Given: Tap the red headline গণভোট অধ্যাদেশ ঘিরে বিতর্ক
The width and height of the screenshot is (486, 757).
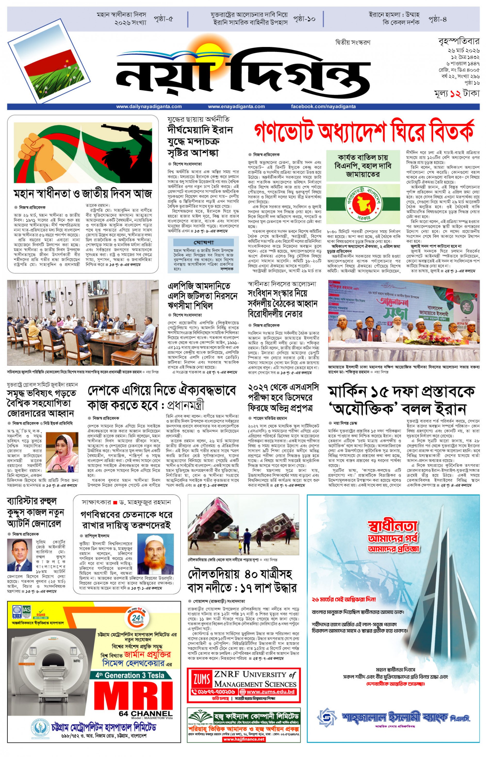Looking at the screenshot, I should (364, 130).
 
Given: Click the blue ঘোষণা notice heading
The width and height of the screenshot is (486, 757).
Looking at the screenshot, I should (203, 242).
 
